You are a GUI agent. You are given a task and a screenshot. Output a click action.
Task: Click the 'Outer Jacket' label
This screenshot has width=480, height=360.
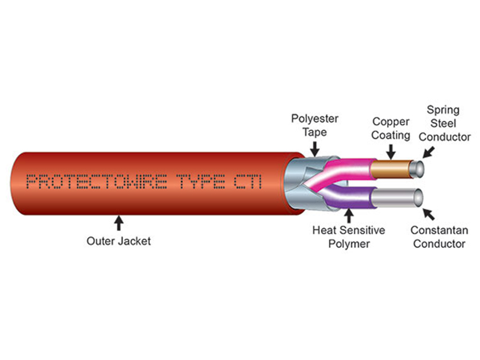point(118,241)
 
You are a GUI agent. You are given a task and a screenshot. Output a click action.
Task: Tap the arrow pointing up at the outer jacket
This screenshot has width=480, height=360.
point(118,223)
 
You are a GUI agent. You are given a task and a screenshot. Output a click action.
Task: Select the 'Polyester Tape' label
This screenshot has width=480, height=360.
point(314,125)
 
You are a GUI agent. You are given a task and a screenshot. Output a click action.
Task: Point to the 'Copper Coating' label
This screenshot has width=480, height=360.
point(391,128)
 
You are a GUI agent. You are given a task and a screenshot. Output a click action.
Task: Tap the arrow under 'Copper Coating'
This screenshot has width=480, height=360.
point(391,152)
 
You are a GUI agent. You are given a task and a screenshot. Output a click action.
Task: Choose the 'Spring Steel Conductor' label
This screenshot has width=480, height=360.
point(444,123)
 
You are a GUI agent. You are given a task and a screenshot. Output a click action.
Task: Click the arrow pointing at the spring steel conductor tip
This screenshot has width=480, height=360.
point(428,152)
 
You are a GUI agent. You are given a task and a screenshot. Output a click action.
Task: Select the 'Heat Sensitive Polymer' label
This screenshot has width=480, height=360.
point(349,237)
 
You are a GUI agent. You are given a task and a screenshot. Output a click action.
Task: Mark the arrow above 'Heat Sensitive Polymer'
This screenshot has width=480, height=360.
point(349,215)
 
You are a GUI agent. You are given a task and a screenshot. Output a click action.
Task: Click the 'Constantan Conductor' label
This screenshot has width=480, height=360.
point(439,237)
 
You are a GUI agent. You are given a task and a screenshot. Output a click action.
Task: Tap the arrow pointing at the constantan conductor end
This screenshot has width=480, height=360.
point(428,214)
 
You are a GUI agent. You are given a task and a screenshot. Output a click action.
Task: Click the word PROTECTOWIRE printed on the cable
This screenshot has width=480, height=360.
point(97,182)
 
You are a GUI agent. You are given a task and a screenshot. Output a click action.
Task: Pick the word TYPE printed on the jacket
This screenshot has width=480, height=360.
point(202,182)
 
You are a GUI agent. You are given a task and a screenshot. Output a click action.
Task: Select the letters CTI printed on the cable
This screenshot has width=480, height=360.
point(248,182)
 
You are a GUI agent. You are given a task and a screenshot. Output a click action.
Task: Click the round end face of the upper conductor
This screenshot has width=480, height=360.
point(418,169)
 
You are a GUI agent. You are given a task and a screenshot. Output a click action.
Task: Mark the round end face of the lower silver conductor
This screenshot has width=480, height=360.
point(418,197)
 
